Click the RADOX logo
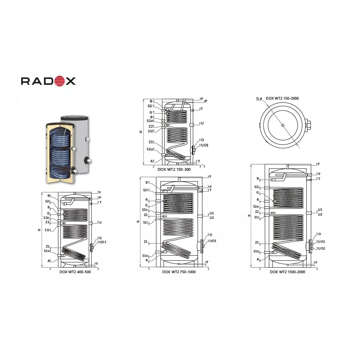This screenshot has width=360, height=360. pyautogui.click(x=48, y=81)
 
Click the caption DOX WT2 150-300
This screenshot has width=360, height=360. pyautogui.click(x=174, y=169)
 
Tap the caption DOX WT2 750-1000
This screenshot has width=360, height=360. pyautogui.click(x=179, y=272)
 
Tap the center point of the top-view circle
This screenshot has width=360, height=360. pyautogui.click(x=283, y=126)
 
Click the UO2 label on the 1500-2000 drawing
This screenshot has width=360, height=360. pyautogui.click(x=322, y=248)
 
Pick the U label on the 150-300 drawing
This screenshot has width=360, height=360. pyautogui.click(x=202, y=123)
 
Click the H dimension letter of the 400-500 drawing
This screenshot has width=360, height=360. pyautogui.click(x=39, y=230)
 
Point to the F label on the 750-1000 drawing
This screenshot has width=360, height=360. pyautogui.click(x=210, y=176)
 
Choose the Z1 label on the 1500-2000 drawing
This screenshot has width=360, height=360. pyautogui.click(x=257, y=242)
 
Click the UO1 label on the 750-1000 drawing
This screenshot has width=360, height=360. pyautogui.click(x=213, y=241)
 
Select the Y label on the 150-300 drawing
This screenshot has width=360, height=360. pyautogui.click(x=198, y=161)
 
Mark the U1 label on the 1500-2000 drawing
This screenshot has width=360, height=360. pyautogui.click(x=320, y=210)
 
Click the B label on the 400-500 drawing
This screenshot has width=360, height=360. pyautogui.click(x=48, y=196)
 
